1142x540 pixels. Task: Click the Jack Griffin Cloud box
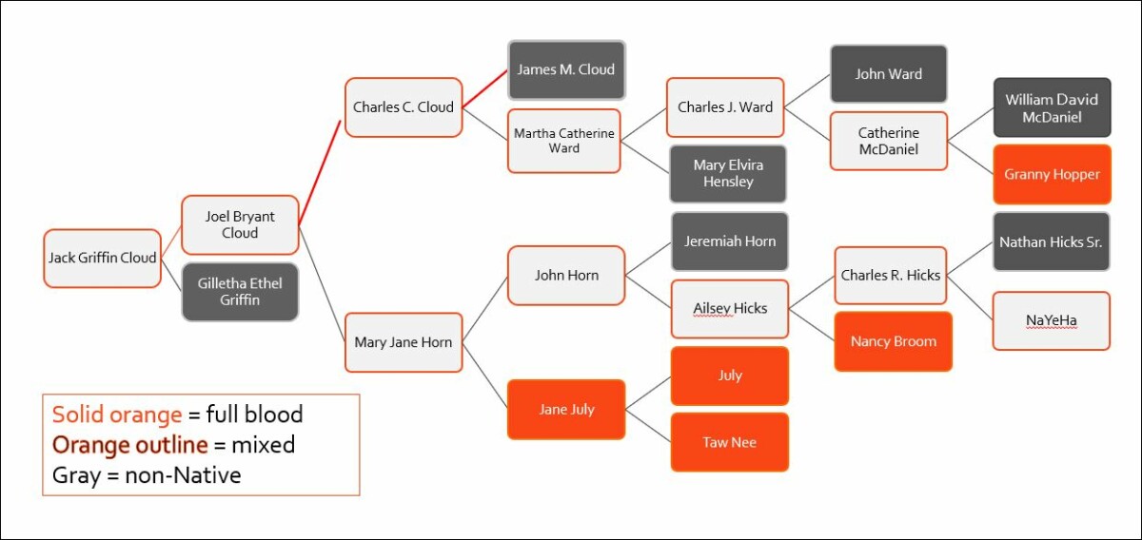103,258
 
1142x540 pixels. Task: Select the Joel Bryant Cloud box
240,225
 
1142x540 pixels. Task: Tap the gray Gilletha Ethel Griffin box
240,292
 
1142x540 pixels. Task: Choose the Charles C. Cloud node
404,107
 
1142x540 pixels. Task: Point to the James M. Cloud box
566,69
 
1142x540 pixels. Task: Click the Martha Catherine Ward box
563,141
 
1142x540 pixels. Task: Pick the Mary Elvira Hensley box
728,173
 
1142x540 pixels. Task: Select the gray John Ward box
888,74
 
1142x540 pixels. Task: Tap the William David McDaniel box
1052,107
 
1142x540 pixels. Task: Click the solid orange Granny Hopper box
1052,174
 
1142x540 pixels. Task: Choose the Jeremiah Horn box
729,241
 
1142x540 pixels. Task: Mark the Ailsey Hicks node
729,308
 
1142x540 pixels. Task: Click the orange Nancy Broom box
893,341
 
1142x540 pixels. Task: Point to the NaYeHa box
1051,320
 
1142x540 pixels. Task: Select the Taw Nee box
729,442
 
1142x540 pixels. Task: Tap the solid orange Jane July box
566,409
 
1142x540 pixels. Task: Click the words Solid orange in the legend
116,415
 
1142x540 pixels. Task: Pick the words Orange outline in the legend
129,444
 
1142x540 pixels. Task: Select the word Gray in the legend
75,473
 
